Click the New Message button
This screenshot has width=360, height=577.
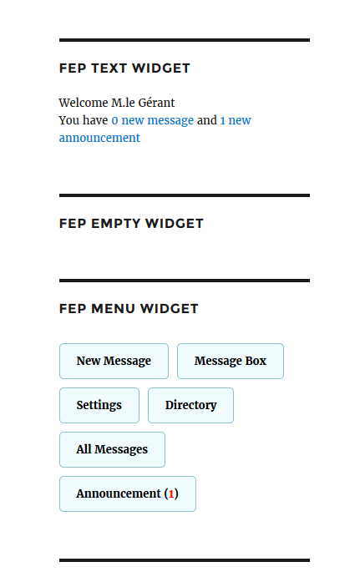coord(114,361)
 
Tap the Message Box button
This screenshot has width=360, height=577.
coord(231,361)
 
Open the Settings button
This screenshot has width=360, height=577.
coord(99,405)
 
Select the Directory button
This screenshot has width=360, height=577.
coord(190,405)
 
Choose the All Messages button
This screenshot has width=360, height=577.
coord(112,450)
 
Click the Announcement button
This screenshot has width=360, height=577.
coord(128,493)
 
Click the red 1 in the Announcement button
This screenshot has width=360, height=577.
coord(171,493)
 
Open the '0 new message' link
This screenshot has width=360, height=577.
coord(152,120)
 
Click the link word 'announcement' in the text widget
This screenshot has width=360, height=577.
coord(99,138)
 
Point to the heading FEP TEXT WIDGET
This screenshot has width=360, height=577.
coord(124,68)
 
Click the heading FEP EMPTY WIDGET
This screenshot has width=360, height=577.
coord(131,223)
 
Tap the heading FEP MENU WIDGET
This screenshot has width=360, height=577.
coord(129,308)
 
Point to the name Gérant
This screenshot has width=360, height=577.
coord(156,103)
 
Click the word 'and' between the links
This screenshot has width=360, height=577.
coord(207,120)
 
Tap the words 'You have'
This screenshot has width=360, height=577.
coord(84,120)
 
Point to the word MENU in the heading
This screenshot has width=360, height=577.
coord(113,308)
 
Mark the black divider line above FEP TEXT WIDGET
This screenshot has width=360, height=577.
coord(185,40)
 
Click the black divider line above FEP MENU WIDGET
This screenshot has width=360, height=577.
coord(185,281)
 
